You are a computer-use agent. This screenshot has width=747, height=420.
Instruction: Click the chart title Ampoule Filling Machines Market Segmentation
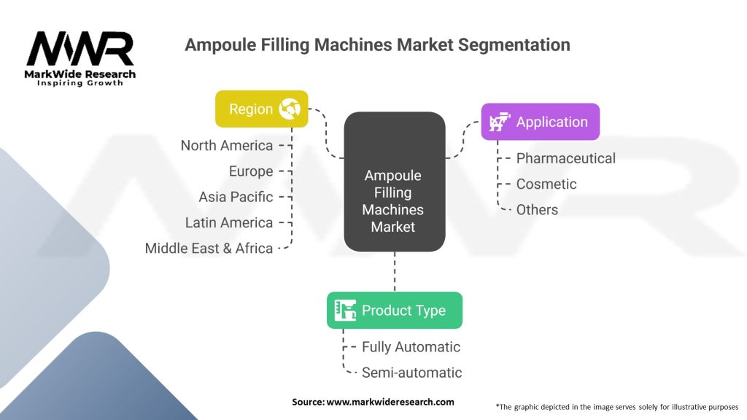[x=377, y=44]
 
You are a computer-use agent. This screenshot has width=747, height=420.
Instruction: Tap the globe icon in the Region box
[x=290, y=109]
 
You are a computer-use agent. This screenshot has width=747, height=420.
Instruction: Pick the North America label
[x=227, y=145]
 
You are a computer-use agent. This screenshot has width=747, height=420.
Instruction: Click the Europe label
[x=251, y=171]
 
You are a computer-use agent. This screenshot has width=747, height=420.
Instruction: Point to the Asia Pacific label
[x=236, y=197]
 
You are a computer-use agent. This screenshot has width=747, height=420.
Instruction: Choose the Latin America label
[x=229, y=222]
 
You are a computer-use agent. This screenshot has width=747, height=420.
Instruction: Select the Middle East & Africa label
[x=209, y=248]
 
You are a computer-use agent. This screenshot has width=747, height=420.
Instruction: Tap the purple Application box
[x=540, y=122]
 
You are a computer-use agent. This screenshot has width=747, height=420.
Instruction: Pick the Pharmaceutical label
[x=565, y=158]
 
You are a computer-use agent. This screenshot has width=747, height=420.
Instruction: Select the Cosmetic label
[x=546, y=184]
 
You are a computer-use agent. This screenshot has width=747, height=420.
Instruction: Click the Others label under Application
[x=537, y=209]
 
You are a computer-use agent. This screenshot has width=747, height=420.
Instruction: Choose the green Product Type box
[x=394, y=310]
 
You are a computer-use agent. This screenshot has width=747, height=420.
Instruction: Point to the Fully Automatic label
[x=411, y=347]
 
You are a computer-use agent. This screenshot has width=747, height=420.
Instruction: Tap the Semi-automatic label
[x=411, y=373]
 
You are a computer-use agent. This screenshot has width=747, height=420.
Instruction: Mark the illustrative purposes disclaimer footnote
[x=616, y=406]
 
